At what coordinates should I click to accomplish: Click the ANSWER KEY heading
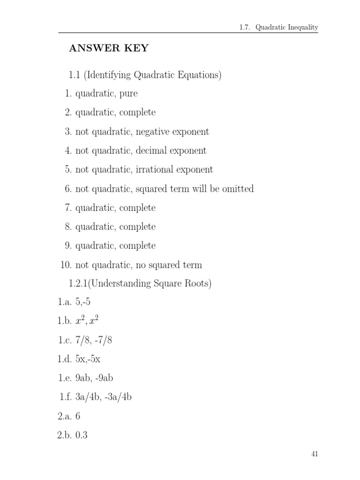(109, 49)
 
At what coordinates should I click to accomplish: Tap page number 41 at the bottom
(315, 454)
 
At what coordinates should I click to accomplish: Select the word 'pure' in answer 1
(128, 94)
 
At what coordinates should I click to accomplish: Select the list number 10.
(65, 265)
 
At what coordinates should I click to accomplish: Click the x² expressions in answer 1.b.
(87, 321)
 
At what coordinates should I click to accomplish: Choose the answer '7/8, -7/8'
(94, 341)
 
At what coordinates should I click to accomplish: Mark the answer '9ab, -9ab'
(94, 378)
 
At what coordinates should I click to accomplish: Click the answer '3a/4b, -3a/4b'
(103, 397)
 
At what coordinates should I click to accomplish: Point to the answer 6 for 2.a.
(78, 416)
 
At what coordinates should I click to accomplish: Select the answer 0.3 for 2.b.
(82, 435)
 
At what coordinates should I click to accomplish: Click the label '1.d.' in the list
(64, 360)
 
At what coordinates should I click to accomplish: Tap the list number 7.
(67, 208)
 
